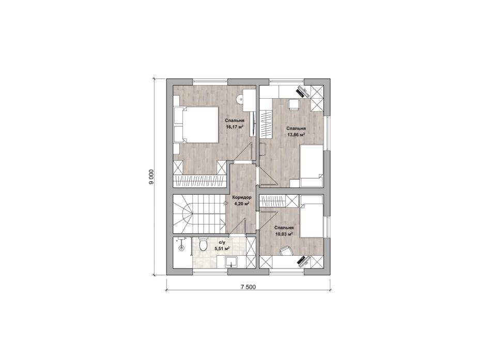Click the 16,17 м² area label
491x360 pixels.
click(x=235, y=127)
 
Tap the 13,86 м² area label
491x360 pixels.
click(x=296, y=135)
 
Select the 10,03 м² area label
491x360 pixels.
click(x=284, y=234)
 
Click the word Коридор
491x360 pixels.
click(x=241, y=197)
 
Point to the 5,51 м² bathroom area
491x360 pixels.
click(x=222, y=248)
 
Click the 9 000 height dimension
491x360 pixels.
click(x=151, y=177)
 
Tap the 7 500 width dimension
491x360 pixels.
click(x=248, y=287)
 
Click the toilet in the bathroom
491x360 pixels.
click(x=203, y=244)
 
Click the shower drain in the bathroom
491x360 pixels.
click(x=181, y=249)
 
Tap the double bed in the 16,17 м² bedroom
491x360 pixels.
click(x=196, y=125)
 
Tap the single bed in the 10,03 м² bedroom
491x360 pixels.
click(x=312, y=216)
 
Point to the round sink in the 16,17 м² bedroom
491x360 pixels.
click(x=239, y=99)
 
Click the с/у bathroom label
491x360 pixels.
click(x=222, y=242)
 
